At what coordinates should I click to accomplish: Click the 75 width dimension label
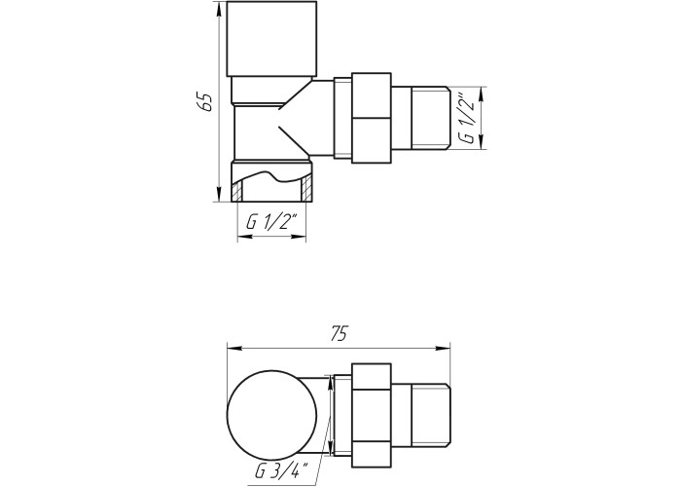(339, 334)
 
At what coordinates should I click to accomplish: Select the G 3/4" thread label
(281, 470)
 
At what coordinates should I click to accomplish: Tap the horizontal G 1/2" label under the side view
(271, 223)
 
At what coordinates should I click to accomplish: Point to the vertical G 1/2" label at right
(468, 118)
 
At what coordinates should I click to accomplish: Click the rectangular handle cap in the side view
(271, 39)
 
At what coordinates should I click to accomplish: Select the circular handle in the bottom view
(271, 415)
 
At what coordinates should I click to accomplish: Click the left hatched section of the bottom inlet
(236, 192)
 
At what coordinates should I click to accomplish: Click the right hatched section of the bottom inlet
(306, 188)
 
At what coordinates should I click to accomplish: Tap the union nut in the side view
(372, 118)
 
